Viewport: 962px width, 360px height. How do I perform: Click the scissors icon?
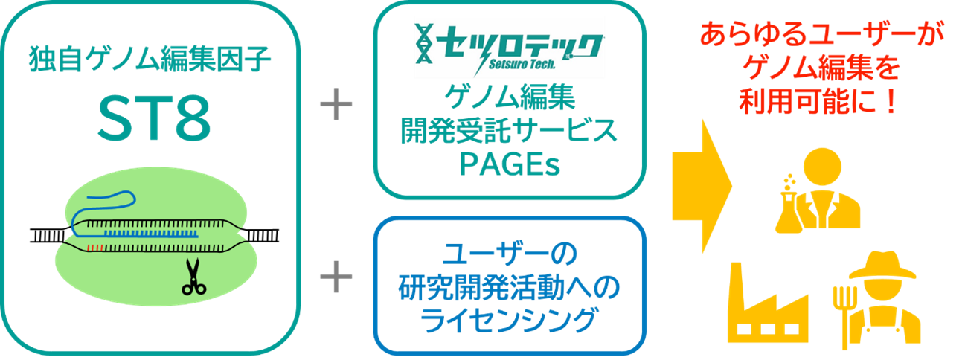tap(195, 276)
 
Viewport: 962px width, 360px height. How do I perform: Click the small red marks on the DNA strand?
tap(92, 245)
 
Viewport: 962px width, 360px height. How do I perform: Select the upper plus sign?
tap(336, 106)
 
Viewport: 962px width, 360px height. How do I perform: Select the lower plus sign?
tap(336, 278)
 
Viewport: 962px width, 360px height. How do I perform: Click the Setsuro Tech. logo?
tap(510, 47)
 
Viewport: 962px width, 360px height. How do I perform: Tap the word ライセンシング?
tap(510, 320)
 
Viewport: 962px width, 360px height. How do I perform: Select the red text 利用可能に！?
tap(818, 103)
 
